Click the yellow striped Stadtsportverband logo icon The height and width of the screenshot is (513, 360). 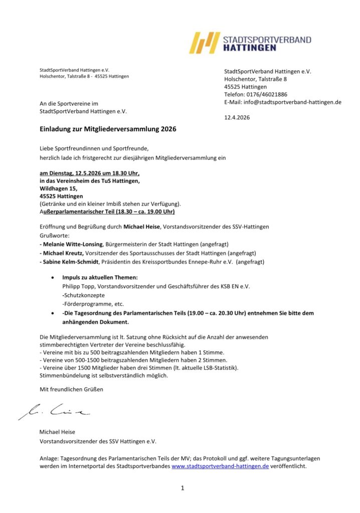[205, 43]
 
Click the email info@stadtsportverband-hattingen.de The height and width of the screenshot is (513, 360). [292, 102]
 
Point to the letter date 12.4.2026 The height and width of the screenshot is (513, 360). [237, 118]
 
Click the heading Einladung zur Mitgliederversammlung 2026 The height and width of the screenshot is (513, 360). [108, 129]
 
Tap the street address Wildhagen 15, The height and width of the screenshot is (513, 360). [59, 188]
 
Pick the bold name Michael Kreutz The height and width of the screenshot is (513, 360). [63, 253]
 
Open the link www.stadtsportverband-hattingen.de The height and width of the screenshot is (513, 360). [220, 465]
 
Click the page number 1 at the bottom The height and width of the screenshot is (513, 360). [183, 488]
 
